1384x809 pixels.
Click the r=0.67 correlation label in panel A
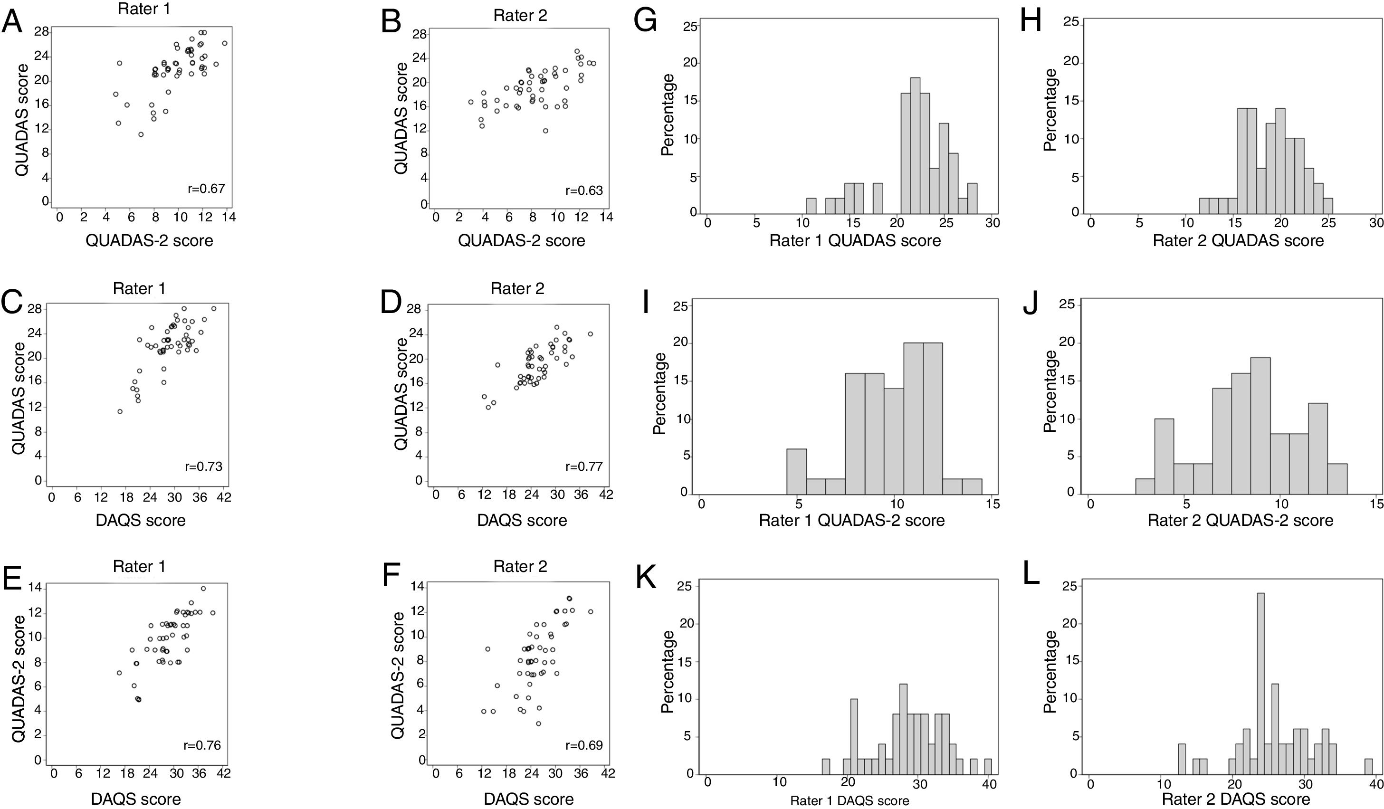[206, 189]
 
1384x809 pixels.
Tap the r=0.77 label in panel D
[584, 467]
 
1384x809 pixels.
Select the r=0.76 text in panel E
[201, 745]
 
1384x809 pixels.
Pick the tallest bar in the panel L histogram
[1260, 684]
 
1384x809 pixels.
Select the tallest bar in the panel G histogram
[915, 145]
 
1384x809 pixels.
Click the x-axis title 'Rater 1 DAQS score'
[849, 801]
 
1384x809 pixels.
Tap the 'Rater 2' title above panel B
[520, 15]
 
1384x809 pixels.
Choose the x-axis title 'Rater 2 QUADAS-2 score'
[1240, 520]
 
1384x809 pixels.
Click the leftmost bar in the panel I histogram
[796, 471]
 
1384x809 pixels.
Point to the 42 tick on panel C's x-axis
[223, 497]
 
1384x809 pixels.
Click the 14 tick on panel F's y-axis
[418, 587]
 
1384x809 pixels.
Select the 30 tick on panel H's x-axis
[1375, 223]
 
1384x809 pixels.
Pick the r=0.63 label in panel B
[584, 190]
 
